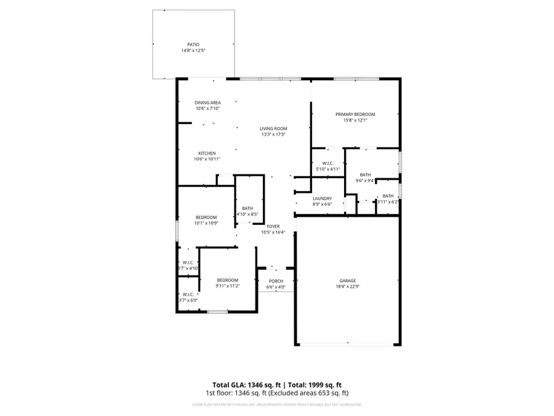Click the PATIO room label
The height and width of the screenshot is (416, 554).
click(193, 45)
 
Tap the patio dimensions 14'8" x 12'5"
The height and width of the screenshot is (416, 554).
click(193, 51)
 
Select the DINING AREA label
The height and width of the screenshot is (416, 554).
click(207, 102)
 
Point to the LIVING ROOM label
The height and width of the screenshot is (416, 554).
click(273, 129)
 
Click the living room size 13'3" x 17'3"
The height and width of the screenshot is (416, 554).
click(273, 134)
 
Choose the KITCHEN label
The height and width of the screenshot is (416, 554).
click(206, 153)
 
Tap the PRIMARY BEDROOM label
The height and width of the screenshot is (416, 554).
click(355, 114)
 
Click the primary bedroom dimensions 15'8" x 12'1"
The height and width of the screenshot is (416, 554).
click(355, 120)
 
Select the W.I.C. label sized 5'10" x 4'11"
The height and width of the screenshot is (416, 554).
click(327, 163)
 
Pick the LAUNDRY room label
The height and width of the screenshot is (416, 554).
click(322, 198)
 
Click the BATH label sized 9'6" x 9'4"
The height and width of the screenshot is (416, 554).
click(365, 174)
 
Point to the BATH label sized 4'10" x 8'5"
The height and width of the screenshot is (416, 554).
click(247, 208)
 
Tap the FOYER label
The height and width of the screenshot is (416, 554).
click(273, 226)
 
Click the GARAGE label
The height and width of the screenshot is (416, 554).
click(348, 280)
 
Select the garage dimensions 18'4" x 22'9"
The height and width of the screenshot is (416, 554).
click(348, 286)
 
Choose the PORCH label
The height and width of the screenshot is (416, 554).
click(276, 281)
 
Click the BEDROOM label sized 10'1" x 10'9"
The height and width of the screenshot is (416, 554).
click(206, 216)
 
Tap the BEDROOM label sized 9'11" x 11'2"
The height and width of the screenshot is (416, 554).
click(227, 280)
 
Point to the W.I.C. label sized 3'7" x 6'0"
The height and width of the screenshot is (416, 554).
click(188, 294)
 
